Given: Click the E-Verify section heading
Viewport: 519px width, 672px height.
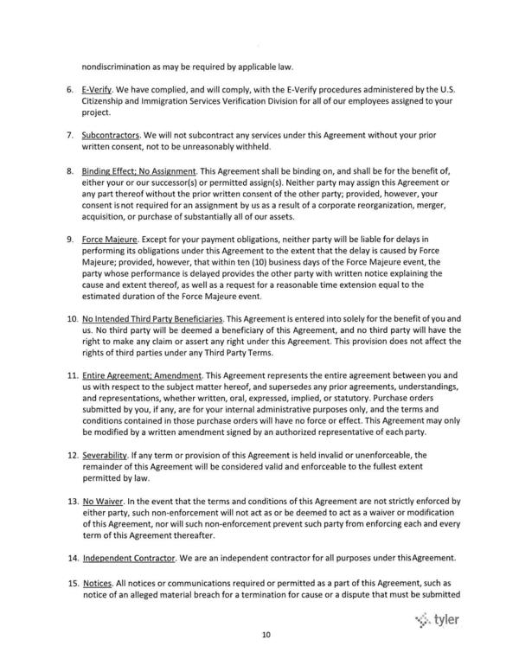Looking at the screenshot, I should tap(98, 89).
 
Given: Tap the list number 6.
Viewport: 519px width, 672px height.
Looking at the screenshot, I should tap(69, 89).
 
